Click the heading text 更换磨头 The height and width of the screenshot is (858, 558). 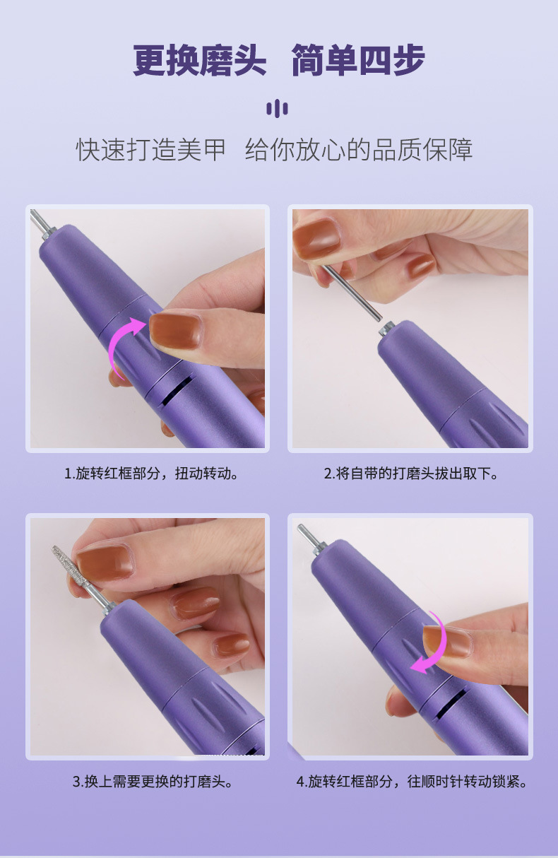[200, 61]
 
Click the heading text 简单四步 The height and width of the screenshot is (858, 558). [358, 61]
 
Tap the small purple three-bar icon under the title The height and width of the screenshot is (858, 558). [277, 108]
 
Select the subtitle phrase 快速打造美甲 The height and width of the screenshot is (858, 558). [151, 150]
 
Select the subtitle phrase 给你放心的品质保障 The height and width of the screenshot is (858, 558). [359, 150]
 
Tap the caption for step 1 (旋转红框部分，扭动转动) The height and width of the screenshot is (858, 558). [151, 473]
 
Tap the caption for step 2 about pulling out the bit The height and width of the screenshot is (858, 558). [411, 473]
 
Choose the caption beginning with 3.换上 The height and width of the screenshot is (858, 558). [153, 781]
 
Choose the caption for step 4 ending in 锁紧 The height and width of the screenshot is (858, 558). [411, 781]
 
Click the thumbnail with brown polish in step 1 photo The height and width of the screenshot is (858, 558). [175, 331]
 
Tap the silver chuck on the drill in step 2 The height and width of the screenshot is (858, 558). [386, 328]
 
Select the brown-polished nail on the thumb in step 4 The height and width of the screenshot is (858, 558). [446, 640]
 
